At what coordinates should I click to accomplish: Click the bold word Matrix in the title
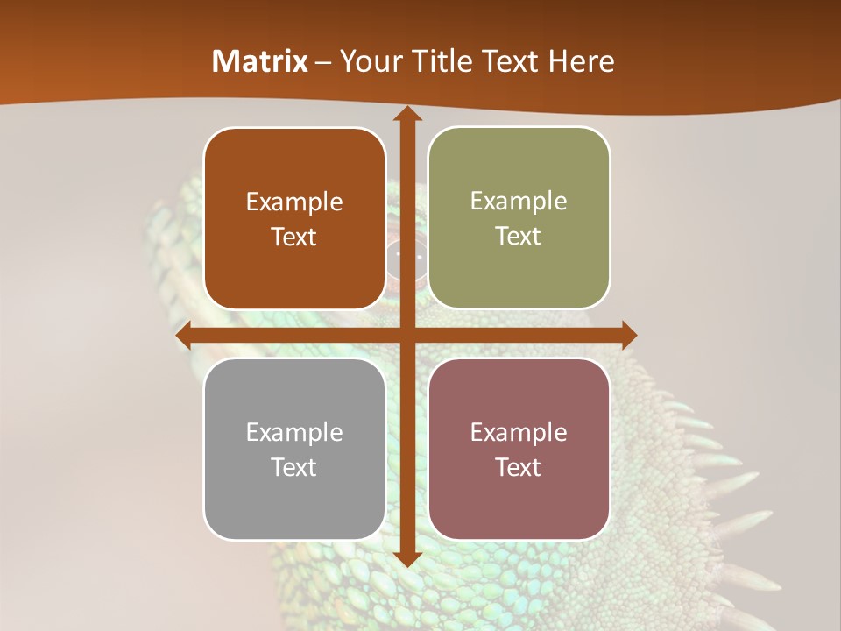click(x=260, y=61)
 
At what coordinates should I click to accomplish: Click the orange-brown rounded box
click(x=294, y=218)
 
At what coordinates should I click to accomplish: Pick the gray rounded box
click(x=294, y=449)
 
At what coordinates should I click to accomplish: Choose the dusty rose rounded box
click(x=519, y=449)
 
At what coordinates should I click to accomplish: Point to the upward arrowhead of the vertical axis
click(x=406, y=115)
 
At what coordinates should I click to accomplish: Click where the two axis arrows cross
click(x=406, y=335)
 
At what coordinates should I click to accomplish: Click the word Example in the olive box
click(x=519, y=202)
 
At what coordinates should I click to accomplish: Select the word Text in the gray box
click(x=293, y=467)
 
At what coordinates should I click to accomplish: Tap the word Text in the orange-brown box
click(x=293, y=237)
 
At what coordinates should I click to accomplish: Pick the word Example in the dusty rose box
click(x=519, y=432)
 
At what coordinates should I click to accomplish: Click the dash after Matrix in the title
click(x=324, y=61)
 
